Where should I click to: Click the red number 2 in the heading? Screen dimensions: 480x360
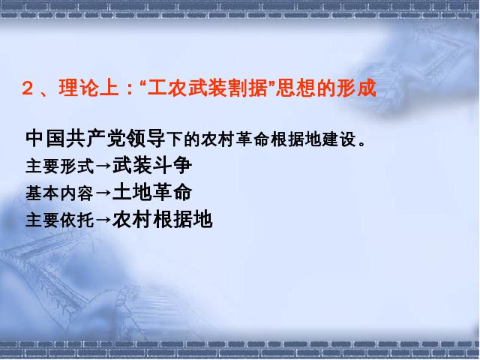(x=28, y=89)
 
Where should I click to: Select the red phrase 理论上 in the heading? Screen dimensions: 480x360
(x=89, y=88)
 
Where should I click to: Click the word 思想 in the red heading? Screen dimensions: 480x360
(x=295, y=88)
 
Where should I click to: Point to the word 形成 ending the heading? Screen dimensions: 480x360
(x=356, y=88)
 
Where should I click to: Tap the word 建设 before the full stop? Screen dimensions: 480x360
(x=338, y=139)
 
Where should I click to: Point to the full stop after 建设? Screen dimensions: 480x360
(x=362, y=144)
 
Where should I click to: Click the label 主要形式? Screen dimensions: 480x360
(x=60, y=166)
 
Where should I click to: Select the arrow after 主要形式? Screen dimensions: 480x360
(x=103, y=166)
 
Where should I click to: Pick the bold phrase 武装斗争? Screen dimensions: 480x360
(x=152, y=166)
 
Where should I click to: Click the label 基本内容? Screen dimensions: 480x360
(x=59, y=193)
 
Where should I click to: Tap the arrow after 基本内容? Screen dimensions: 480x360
(x=103, y=193)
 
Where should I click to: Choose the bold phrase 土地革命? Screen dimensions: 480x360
(x=152, y=193)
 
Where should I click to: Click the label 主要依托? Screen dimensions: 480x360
(x=60, y=220)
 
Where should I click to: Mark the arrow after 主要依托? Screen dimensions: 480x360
(x=103, y=220)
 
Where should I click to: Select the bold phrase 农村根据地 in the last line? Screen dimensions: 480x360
(x=162, y=220)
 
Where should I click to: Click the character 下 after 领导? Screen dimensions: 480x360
(x=175, y=139)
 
